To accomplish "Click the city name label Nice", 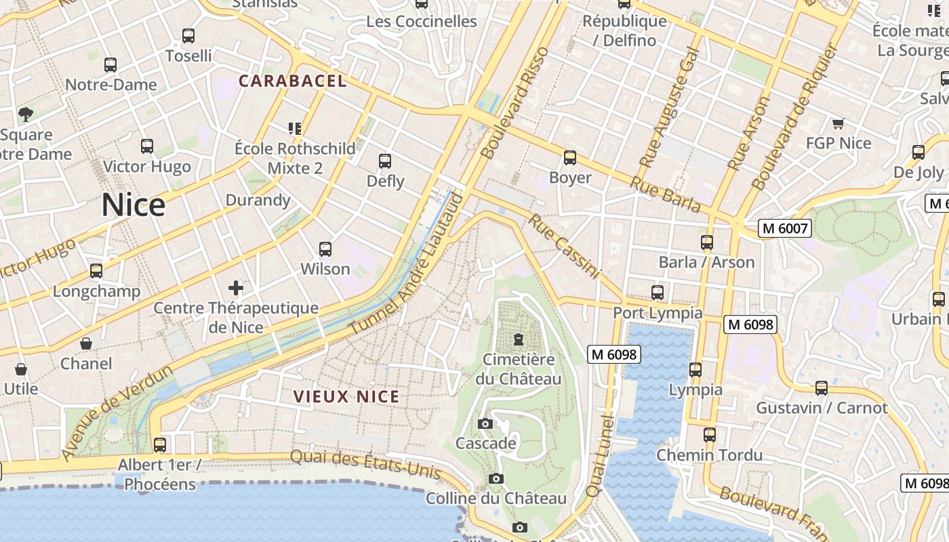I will pos(134,205).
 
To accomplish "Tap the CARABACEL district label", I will pos(292,81).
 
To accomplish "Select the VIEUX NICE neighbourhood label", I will pos(346,396).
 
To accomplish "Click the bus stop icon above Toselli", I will pos(188,36).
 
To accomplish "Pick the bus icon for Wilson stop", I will pos(325,249).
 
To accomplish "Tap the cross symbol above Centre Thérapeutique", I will pos(235,289).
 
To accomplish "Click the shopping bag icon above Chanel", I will pos(86,344).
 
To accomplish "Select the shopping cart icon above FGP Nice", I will pos(839,123).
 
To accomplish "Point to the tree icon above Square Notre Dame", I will pos(26,114).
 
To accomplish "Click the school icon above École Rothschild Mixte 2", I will pos(295,128).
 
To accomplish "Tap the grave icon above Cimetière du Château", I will pos(519,339).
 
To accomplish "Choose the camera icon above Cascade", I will pos(485,424).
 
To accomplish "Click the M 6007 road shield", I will pos(785,228).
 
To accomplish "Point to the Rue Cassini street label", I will pos(565,247).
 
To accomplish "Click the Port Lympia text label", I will pos(658,313).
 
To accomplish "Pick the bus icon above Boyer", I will pos(570,158).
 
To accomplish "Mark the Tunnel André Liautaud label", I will pos(407,264).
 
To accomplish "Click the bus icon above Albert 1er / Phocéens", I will pos(160,445).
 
